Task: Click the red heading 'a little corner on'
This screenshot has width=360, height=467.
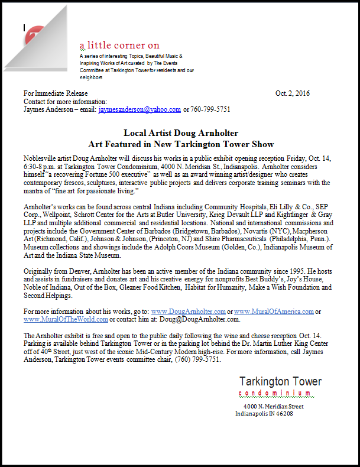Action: coord(119,46)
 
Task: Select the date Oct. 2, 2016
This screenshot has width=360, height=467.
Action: coord(292,93)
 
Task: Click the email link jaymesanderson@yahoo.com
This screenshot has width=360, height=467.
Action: coord(140,109)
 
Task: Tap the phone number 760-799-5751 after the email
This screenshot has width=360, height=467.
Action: coord(210,109)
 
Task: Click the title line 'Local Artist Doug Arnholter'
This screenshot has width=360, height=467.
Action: coord(180,134)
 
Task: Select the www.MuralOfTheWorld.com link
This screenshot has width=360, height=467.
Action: coord(66,319)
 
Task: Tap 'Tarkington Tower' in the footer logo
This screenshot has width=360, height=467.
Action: coord(280,381)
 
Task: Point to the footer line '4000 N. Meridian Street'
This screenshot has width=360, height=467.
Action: coord(273,407)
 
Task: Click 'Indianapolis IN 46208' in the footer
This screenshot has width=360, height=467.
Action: coord(264,413)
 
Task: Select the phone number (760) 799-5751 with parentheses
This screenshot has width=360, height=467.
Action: coord(196,359)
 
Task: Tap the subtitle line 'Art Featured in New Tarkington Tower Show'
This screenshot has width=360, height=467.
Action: coord(181,144)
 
